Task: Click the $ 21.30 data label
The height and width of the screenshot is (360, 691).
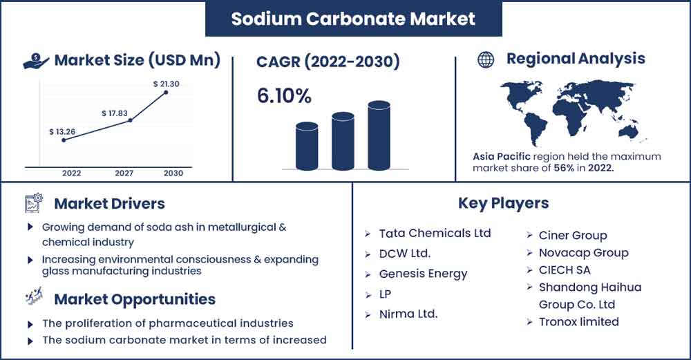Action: [166, 84]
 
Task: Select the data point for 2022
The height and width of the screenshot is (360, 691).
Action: [64, 140]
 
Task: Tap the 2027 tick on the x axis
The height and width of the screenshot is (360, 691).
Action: [124, 173]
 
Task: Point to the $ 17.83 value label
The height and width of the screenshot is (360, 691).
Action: [115, 113]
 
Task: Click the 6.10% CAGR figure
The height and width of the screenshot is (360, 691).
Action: [284, 96]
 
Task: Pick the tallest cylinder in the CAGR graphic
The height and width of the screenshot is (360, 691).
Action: [379, 135]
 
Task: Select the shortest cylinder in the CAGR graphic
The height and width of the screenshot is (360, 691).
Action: [307, 146]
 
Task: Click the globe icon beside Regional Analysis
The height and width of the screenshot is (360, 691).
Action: [486, 59]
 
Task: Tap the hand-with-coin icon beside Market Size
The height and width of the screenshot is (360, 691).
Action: [36, 61]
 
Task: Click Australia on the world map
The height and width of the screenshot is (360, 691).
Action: [628, 131]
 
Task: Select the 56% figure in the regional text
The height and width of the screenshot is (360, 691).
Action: [564, 168]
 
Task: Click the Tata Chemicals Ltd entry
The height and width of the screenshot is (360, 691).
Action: [435, 233]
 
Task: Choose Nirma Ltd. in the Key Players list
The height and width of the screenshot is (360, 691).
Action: [408, 314]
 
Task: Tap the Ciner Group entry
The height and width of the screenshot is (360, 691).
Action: [573, 236]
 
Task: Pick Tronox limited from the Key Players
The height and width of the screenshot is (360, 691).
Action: [578, 322]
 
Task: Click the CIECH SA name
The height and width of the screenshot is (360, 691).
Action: [565, 270]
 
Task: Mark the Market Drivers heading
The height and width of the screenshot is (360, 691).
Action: [109, 204]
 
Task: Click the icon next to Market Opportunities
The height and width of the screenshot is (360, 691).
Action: [34, 297]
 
